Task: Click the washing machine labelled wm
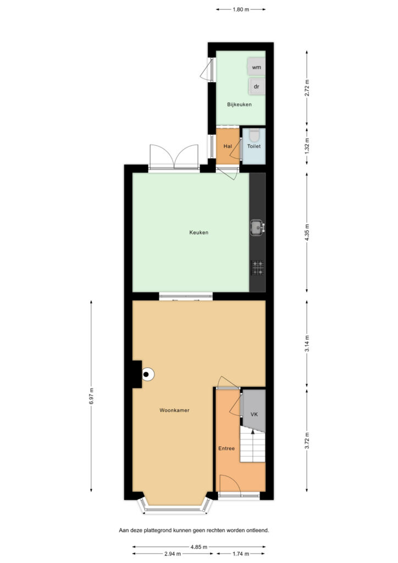(256, 67)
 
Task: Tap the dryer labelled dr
(257, 86)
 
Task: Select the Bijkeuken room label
(239, 104)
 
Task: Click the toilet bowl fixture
(254, 135)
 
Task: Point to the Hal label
(228, 146)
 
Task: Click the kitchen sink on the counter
(257, 228)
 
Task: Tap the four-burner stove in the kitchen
(257, 268)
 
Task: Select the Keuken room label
(199, 233)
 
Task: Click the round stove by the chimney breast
(147, 374)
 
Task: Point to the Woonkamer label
(174, 410)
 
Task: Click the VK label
(254, 415)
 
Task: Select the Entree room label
(226, 449)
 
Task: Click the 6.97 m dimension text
(91, 396)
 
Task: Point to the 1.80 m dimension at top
(241, 9)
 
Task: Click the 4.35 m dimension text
(307, 233)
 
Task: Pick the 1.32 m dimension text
(307, 146)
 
